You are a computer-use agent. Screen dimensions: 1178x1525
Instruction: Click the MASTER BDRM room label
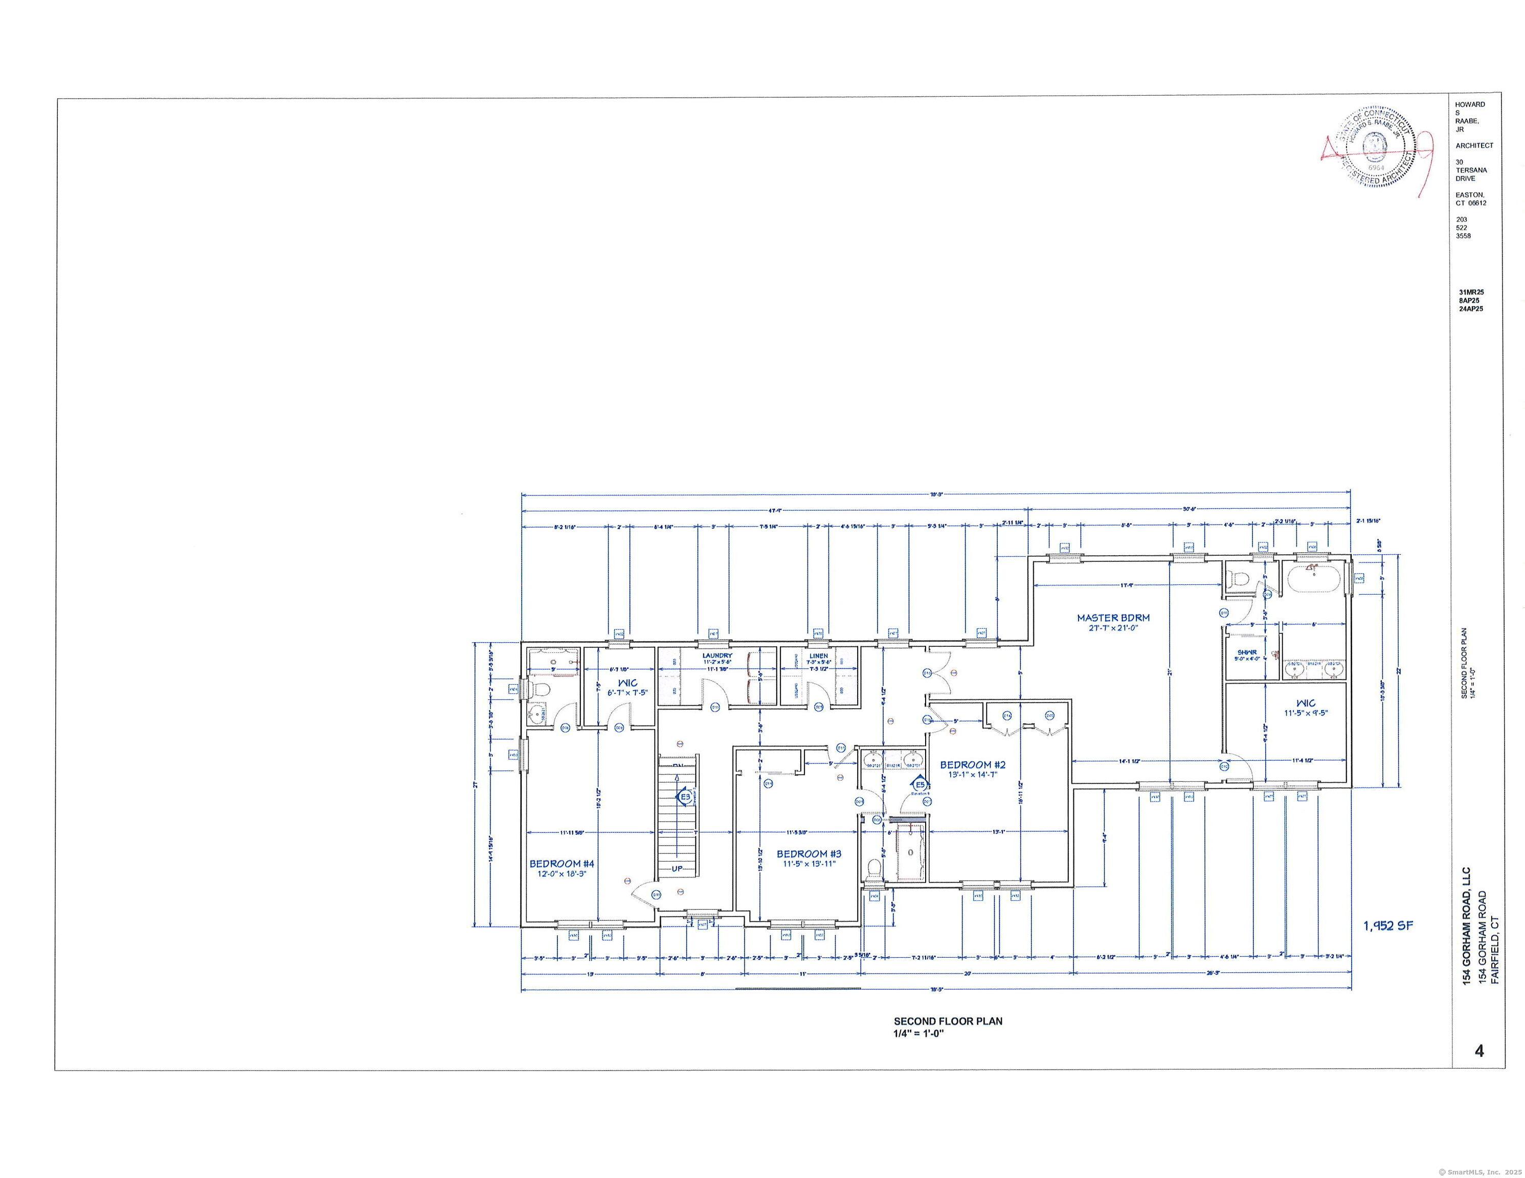pos(1112,617)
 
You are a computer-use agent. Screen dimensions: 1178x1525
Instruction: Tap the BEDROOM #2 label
pos(972,764)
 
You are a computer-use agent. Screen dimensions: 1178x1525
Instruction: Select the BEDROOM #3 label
pos(809,853)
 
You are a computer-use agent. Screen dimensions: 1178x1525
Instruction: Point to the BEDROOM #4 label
pos(562,864)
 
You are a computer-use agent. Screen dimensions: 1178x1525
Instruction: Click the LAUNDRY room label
pos(717,655)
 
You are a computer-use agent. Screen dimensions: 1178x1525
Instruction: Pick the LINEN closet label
pos(818,655)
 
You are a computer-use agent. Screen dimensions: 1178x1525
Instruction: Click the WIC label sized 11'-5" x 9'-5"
pos(1305,703)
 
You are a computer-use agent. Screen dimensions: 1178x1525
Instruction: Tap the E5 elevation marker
pos(920,785)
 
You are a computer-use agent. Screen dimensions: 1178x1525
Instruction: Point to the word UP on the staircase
pos(677,869)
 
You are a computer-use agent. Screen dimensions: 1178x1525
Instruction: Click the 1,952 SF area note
pos(1387,925)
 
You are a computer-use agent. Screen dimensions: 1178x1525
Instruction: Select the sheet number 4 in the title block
pos(1479,1050)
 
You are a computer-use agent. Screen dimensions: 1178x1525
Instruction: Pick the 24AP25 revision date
pos(1471,309)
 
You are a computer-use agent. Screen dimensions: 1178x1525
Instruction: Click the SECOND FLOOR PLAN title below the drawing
pos(948,1021)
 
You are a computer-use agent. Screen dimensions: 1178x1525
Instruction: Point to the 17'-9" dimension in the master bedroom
pos(1126,585)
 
